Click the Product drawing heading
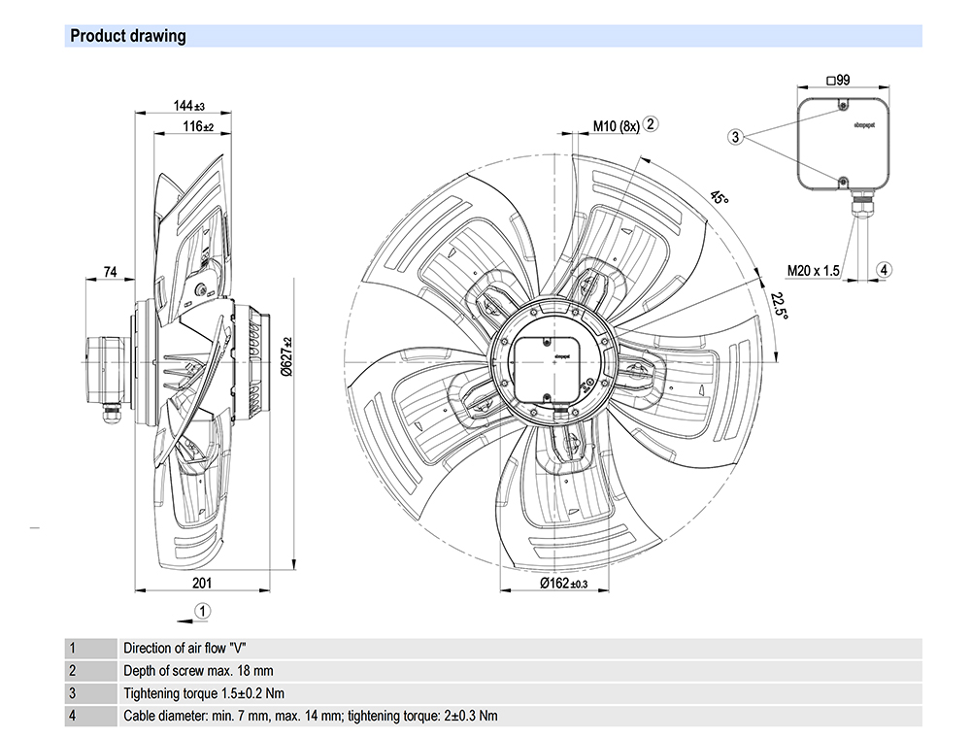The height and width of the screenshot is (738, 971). click(x=127, y=37)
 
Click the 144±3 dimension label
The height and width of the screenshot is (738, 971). click(x=190, y=105)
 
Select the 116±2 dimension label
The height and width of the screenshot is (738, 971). click(x=197, y=126)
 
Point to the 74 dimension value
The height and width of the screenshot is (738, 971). click(x=111, y=274)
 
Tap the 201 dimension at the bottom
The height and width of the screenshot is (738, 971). click(x=202, y=583)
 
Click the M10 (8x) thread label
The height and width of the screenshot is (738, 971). click(x=617, y=126)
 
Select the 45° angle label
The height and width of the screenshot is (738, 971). click(x=719, y=197)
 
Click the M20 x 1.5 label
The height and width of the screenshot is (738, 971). click(x=814, y=271)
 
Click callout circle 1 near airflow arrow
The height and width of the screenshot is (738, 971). click(x=201, y=610)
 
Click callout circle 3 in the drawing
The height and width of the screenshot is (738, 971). click(x=736, y=138)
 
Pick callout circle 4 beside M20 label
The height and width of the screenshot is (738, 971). click(x=885, y=269)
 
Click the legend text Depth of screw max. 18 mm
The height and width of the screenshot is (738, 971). click(x=198, y=670)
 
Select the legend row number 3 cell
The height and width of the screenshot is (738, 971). click(x=71, y=693)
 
